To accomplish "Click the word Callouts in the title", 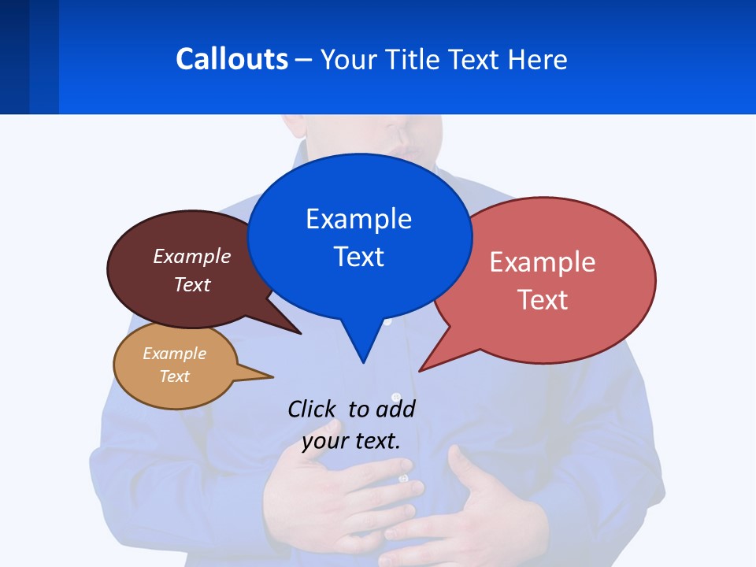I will click(x=232, y=59).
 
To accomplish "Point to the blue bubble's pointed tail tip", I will click(x=363, y=362).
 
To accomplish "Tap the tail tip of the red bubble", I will click(x=421, y=370).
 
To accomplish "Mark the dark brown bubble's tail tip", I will click(x=300, y=333).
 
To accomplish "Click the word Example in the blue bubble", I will click(x=358, y=218).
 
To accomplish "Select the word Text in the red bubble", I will click(x=543, y=300).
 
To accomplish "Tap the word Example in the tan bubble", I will click(x=175, y=354).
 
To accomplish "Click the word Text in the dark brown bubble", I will click(x=192, y=284).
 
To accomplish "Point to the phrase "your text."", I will click(x=351, y=441).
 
